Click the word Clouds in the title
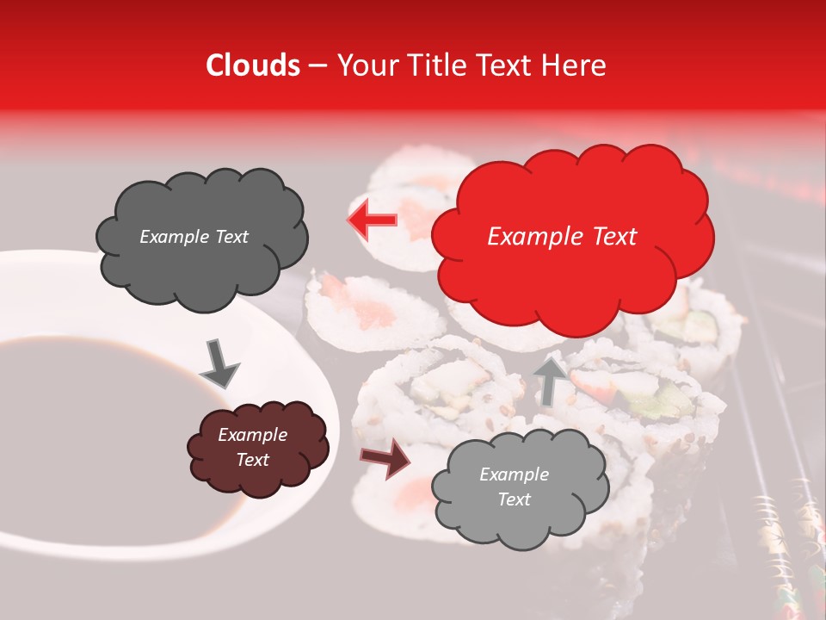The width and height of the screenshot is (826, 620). click(x=253, y=65)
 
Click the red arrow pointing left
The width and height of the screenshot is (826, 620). click(x=372, y=220)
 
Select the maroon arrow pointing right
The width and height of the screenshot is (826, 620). click(x=385, y=458)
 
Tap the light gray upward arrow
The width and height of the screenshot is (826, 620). click(x=548, y=381)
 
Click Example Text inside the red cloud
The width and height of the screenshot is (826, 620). click(x=562, y=237)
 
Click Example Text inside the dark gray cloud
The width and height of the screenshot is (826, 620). click(x=194, y=237)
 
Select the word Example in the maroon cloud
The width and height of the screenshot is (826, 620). click(x=252, y=435)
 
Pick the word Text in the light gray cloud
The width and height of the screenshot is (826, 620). click(x=514, y=499)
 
